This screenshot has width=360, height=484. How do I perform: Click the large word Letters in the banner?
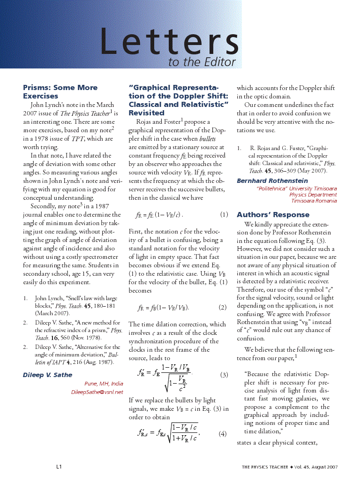point(169,41)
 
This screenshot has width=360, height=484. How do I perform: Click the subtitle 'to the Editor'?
point(202,62)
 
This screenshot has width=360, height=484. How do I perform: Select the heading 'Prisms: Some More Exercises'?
point(60,91)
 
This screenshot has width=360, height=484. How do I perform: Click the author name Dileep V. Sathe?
point(47,375)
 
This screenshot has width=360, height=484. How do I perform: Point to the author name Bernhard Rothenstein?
point(272,181)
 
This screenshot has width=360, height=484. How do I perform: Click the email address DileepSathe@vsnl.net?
point(97,392)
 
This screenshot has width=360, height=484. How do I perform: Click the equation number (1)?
point(224,215)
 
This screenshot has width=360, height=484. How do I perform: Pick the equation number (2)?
point(223,308)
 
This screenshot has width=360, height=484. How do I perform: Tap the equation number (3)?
point(224,375)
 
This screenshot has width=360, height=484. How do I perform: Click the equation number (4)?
point(223,434)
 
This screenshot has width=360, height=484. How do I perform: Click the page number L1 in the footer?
point(60,467)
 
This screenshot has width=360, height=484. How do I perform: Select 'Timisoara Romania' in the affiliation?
point(314,201)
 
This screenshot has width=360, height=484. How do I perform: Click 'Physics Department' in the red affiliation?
point(313,195)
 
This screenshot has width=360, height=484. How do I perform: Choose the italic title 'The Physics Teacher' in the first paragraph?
point(85,113)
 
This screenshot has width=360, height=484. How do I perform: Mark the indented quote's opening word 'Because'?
point(258,374)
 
